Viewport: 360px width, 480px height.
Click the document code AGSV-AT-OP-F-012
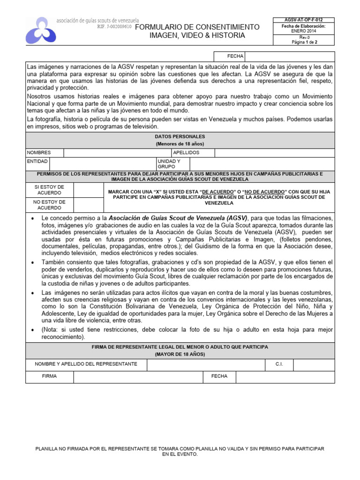pyautogui.click(x=304, y=20)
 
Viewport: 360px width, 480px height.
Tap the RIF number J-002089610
pyautogui.click(x=114, y=27)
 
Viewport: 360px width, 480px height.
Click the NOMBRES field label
pyautogui.click(x=39, y=153)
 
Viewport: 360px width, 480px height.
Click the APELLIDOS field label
pyautogui.click(x=187, y=153)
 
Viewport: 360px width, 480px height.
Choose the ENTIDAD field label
pyautogui.click(x=37, y=161)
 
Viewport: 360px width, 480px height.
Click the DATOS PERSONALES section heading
pyautogui.click(x=180, y=136)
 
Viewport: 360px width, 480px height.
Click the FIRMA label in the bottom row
pyautogui.click(x=49, y=376)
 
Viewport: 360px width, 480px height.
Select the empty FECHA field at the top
pyautogui.click(x=289, y=56)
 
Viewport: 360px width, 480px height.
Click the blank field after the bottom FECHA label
pyautogui.click(x=285, y=376)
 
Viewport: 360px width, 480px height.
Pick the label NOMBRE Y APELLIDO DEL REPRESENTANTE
pyautogui.click(x=86, y=364)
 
